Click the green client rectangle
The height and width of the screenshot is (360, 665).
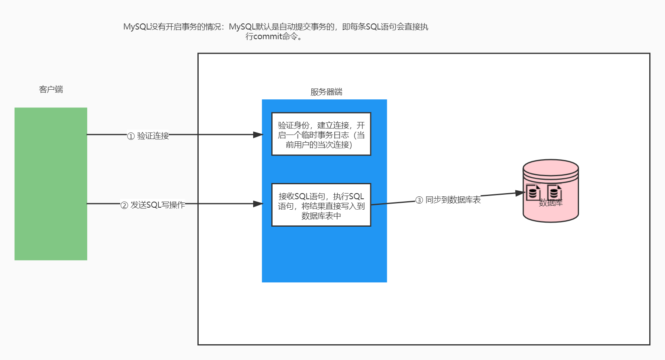coord(51,184)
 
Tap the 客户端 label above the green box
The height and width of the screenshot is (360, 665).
coord(51,89)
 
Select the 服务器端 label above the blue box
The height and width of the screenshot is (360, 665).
coord(326,92)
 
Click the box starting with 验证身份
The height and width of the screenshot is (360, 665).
coord(321,135)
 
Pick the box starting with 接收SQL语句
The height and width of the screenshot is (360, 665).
coord(321,205)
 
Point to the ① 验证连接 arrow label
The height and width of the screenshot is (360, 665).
coord(148,136)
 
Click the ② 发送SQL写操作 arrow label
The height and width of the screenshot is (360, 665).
coord(153,205)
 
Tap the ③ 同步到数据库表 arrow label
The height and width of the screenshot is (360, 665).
coord(448,200)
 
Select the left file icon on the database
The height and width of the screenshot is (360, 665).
coord(533,192)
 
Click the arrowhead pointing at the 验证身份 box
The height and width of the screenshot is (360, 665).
coord(258,135)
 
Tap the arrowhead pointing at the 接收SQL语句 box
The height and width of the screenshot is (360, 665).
coord(258,204)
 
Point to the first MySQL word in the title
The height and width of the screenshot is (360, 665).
coord(136,27)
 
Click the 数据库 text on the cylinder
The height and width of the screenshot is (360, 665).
coord(551,203)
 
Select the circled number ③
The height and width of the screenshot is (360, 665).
coord(419,200)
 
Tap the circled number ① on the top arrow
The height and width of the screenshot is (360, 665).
coord(131,136)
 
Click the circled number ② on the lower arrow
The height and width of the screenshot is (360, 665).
coord(124,205)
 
